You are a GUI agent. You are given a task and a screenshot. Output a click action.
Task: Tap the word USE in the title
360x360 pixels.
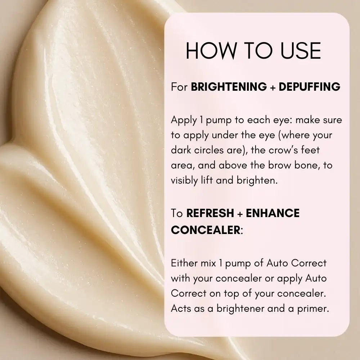[301, 51]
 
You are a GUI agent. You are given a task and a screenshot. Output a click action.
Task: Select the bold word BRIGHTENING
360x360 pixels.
[229, 87]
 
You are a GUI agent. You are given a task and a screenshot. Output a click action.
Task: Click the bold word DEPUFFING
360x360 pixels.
[310, 87]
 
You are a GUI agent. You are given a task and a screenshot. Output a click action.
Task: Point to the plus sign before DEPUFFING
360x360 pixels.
[273, 87]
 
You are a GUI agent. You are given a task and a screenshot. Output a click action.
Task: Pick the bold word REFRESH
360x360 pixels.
[210, 213]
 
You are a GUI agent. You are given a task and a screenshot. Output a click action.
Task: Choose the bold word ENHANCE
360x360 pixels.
[273, 213]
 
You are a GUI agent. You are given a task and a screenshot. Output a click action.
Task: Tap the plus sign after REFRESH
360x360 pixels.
[240, 214]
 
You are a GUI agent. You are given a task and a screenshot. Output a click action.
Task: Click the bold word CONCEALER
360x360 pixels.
[206, 230]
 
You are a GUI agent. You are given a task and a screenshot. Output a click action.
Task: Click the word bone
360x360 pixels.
[307, 165]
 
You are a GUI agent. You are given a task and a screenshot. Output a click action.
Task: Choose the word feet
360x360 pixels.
[310, 150]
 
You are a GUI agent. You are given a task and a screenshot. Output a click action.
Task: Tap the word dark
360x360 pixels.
[181, 150]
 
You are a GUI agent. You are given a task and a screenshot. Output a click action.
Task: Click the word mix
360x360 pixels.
[208, 263]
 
